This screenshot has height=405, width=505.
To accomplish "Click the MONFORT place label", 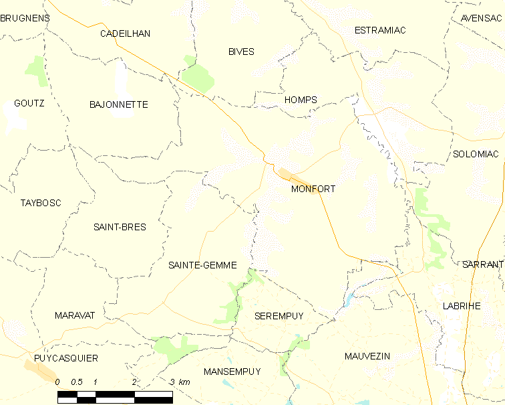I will tap(313, 189).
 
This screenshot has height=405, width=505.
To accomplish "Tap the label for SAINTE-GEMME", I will tap(202, 265).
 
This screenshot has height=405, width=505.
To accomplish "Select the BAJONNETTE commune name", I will tap(118, 104).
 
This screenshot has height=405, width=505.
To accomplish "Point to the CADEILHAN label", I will tap(125, 33).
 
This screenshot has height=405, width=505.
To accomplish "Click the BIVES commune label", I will tap(241, 52).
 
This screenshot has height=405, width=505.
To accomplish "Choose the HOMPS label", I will tap(301, 100).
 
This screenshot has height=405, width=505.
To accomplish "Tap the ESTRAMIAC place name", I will tap(380, 30).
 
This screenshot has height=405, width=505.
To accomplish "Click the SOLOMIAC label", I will tap(476, 154).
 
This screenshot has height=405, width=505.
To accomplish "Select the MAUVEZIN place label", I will tap(367, 355).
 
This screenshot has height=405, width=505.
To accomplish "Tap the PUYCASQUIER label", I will tap(65, 358).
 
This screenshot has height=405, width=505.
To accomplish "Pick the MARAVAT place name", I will tap(75, 315).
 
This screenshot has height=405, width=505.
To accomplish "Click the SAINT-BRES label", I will tap(120, 227).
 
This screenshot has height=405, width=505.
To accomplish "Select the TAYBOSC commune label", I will tap(41, 203).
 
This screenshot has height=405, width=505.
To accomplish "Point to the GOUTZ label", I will tap(29, 103).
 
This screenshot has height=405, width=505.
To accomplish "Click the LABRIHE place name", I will tap(462, 305).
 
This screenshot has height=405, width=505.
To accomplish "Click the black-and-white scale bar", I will tap(115, 397).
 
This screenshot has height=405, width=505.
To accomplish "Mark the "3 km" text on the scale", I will tap(180, 382).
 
